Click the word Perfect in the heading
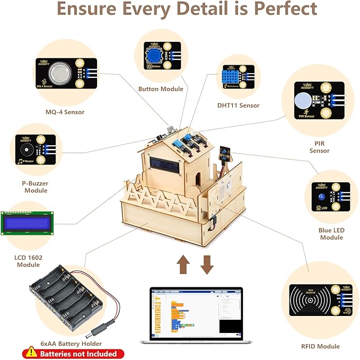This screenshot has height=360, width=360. tap(285, 10)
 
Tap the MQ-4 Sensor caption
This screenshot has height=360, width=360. tap(65, 112)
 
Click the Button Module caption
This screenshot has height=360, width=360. tap(161, 89)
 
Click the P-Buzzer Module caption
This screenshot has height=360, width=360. tap(36, 186)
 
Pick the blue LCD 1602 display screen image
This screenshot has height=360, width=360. tap(28, 223)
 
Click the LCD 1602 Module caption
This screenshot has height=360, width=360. tap(29, 261)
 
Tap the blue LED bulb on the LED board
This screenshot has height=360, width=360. tap(323, 197)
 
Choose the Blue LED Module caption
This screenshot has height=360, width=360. tap(332, 234)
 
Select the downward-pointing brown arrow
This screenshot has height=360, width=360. tap(207, 264)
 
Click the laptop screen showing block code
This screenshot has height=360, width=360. tap(196, 312)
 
